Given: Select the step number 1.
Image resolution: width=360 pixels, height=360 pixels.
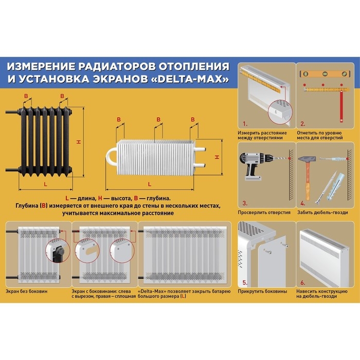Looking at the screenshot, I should pos(245,124).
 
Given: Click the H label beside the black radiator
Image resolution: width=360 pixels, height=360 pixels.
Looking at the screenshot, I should pos(79,142).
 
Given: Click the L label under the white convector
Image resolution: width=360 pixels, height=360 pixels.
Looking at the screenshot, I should pos(149,184).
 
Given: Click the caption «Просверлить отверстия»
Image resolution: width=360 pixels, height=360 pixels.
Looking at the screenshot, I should pos(264,212).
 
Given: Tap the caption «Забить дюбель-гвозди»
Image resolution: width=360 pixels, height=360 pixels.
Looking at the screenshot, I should pos(322,212).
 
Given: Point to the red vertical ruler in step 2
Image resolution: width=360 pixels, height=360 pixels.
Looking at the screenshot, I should pos(340,103).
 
